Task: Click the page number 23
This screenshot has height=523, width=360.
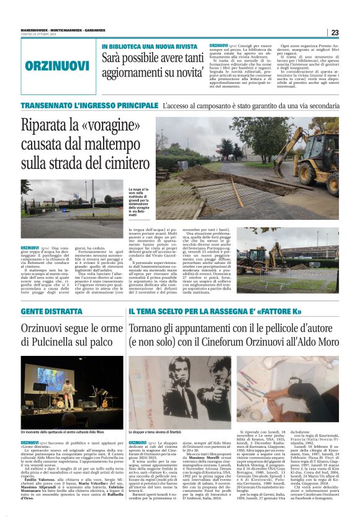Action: [x=335, y=33]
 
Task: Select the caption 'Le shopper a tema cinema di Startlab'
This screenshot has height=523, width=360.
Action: [x=163, y=432]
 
